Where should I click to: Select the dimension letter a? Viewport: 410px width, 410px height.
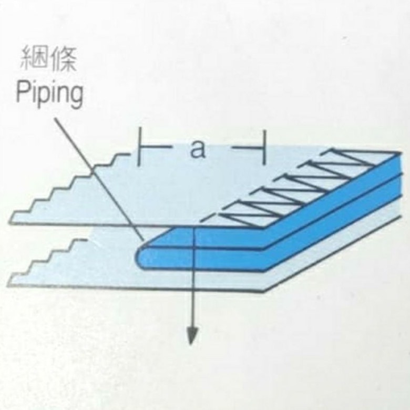(198, 149)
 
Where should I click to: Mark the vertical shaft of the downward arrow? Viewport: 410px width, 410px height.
(194, 284)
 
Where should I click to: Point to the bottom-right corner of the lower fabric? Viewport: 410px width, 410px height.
(263, 291)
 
